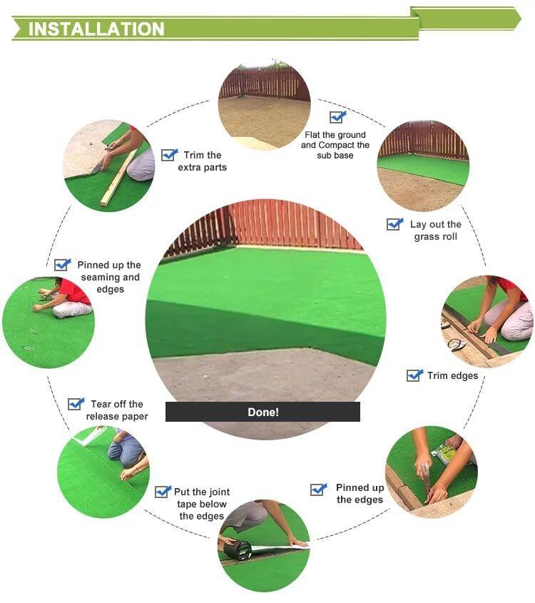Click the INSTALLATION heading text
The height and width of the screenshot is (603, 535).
click(96, 29)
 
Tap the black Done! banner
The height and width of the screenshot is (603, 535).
click(263, 412)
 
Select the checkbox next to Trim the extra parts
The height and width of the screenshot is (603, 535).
click(169, 154)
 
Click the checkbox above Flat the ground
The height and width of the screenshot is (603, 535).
click(337, 117)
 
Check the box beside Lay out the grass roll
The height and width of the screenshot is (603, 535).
click(394, 224)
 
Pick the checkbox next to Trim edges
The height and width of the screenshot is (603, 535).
click(414, 375)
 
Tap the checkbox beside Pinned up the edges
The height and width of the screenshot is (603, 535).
click(318, 489)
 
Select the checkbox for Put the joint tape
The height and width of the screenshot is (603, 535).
click(163, 492)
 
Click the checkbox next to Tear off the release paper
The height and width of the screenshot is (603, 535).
click(76, 404)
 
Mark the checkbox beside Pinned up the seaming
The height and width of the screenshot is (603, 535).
click(63, 265)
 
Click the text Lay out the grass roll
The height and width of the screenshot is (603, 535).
click(435, 230)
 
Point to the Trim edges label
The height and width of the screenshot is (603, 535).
click(452, 375)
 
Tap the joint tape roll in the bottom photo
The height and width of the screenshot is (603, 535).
click(238, 550)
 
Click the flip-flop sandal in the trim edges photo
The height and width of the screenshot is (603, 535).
click(456, 344)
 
